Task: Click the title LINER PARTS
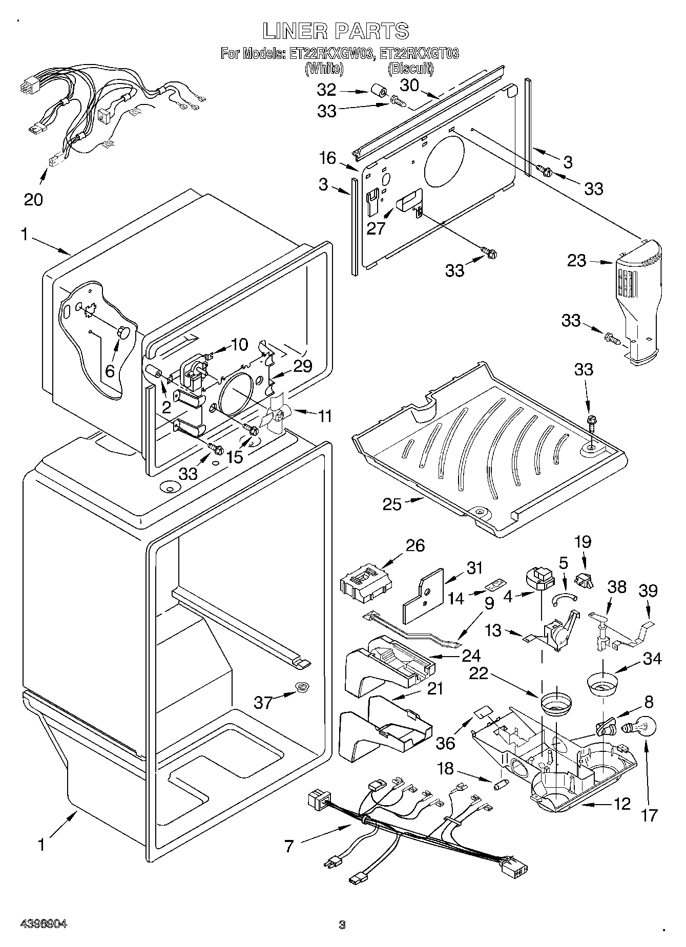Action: [336, 31]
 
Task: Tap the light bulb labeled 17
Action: [636, 728]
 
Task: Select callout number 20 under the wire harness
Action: [34, 199]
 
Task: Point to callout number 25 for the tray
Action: [393, 504]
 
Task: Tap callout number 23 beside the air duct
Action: [577, 261]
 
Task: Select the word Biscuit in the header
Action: [410, 68]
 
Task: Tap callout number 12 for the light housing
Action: [622, 804]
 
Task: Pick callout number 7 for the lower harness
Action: [289, 847]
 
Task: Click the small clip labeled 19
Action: [584, 580]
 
